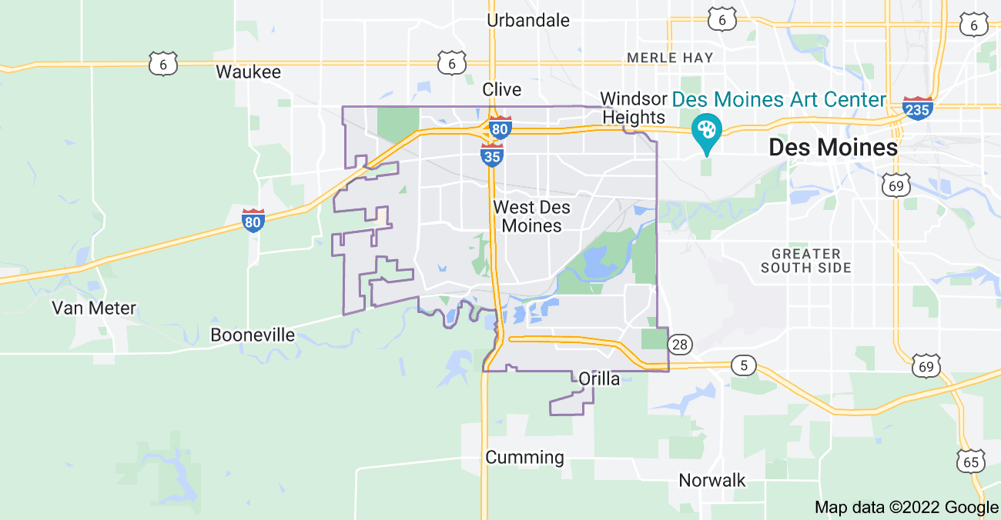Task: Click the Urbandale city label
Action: pos(528,21)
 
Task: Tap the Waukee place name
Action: pos(248,72)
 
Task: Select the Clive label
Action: pos(501,90)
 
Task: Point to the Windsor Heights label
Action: pos(633,108)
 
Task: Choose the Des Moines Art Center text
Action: pos(779,99)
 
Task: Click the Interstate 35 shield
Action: pos(492,155)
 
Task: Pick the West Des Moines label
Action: pos(531,216)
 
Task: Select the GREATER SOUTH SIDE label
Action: pos(805,261)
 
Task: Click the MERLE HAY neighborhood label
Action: pos(670,58)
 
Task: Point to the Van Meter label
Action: pos(94,308)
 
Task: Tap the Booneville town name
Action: pos(253,335)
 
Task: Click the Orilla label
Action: pos(598,378)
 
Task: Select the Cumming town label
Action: pos(524,458)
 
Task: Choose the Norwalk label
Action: pos(711,481)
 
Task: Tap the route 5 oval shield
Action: pos(743,365)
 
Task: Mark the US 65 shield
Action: pos(969,461)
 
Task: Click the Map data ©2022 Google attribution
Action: pos(906,508)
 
